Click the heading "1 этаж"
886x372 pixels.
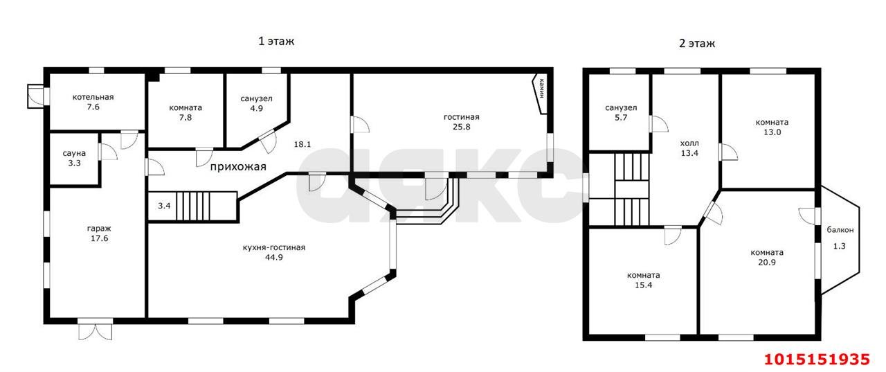[x=276, y=41]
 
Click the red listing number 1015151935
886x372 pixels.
[x=817, y=360]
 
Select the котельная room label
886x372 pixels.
[x=93, y=97]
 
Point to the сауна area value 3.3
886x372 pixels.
[x=74, y=163]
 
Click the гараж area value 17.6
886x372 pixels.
[x=99, y=238]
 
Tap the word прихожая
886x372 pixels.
[x=238, y=167]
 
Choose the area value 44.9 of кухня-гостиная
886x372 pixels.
[x=273, y=257]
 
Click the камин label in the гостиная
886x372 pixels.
[x=541, y=88]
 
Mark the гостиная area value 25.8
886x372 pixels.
[x=462, y=127]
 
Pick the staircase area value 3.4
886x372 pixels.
[x=164, y=206]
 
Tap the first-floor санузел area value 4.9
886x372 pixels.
[x=256, y=109]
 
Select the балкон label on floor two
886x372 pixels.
[x=840, y=230]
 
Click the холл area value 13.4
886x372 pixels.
[x=689, y=153]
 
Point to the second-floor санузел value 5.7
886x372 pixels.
[x=621, y=118]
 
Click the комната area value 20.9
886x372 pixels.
[x=767, y=262]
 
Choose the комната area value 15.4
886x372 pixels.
[x=644, y=285]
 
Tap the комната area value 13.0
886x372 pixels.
[x=772, y=132]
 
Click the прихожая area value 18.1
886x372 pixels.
[x=302, y=145]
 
